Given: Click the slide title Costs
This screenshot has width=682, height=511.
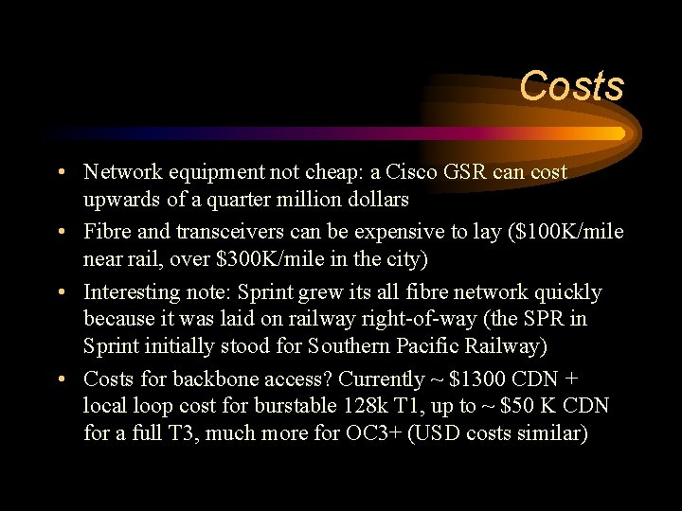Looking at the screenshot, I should click(x=571, y=86).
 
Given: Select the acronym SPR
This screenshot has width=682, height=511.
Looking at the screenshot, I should click(x=538, y=320).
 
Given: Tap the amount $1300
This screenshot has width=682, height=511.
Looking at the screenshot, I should click(x=477, y=379).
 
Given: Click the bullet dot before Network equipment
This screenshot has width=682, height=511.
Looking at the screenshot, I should click(x=60, y=173).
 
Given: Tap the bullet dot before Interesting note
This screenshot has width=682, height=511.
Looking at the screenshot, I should click(x=60, y=293).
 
